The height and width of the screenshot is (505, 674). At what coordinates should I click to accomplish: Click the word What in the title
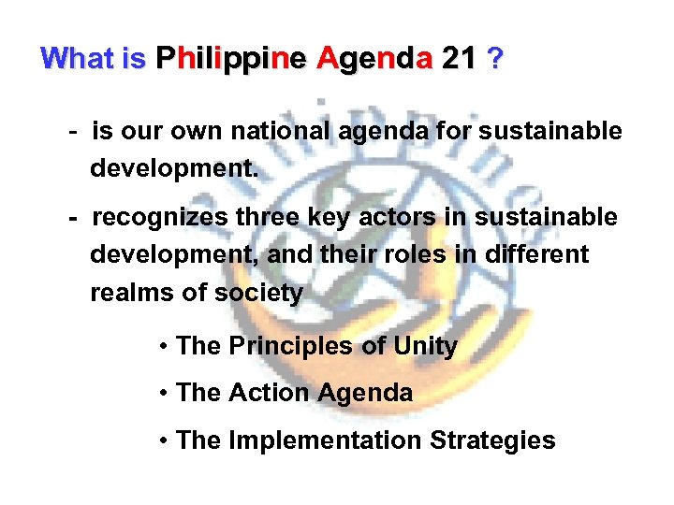77,59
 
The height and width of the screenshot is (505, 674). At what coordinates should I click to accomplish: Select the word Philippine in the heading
230,60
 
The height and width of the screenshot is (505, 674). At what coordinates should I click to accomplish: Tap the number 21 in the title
458,59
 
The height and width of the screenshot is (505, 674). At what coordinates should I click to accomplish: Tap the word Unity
426,346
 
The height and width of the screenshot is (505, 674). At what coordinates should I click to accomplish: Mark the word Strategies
492,440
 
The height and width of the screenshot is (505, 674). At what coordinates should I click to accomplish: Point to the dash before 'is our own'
73,132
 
